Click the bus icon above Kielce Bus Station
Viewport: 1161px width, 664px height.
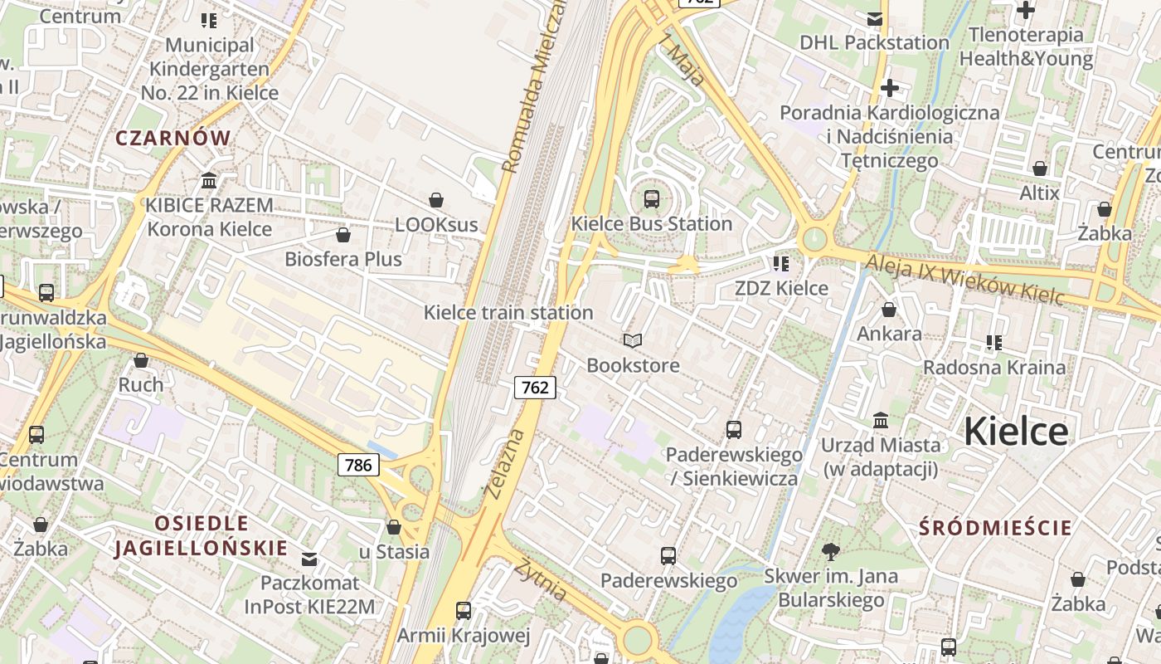(652, 199)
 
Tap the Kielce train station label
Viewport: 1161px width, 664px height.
(508, 313)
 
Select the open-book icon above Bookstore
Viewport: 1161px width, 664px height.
(633, 341)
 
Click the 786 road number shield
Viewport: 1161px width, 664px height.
(358, 465)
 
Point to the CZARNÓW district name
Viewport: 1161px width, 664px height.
(173, 139)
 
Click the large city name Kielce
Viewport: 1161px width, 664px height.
(1016, 432)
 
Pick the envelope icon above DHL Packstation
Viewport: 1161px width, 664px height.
(875, 18)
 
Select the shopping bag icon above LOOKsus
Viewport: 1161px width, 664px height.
(436, 200)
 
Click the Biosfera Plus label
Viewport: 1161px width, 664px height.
(343, 259)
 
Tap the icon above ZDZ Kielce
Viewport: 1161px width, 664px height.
(780, 264)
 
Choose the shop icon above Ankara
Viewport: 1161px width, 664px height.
(889, 310)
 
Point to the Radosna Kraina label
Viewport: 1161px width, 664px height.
(994, 367)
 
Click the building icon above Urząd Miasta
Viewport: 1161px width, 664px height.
(881, 421)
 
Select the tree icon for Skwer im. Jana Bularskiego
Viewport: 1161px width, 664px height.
(830, 552)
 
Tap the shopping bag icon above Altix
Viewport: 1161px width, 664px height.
(1040, 169)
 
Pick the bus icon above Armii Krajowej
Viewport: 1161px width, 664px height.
(464, 611)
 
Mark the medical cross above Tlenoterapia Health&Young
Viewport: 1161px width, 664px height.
(1026, 10)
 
